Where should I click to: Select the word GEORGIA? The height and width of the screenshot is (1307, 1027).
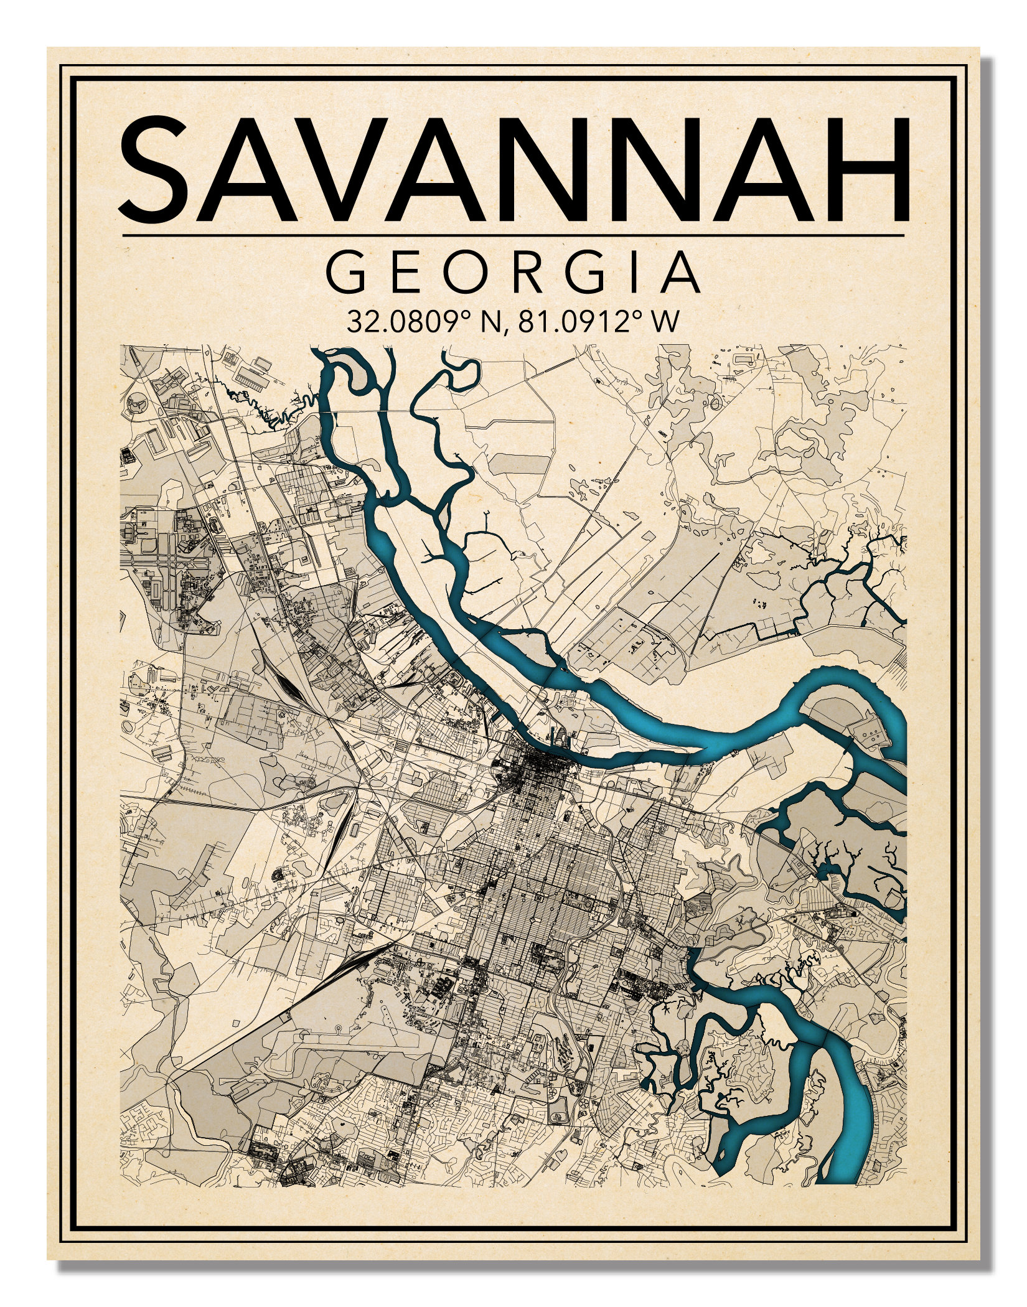pos(513,273)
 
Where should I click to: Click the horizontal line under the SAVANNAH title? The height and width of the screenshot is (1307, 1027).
pos(513,236)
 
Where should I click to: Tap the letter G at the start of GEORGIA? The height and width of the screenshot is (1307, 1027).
pos(347,273)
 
